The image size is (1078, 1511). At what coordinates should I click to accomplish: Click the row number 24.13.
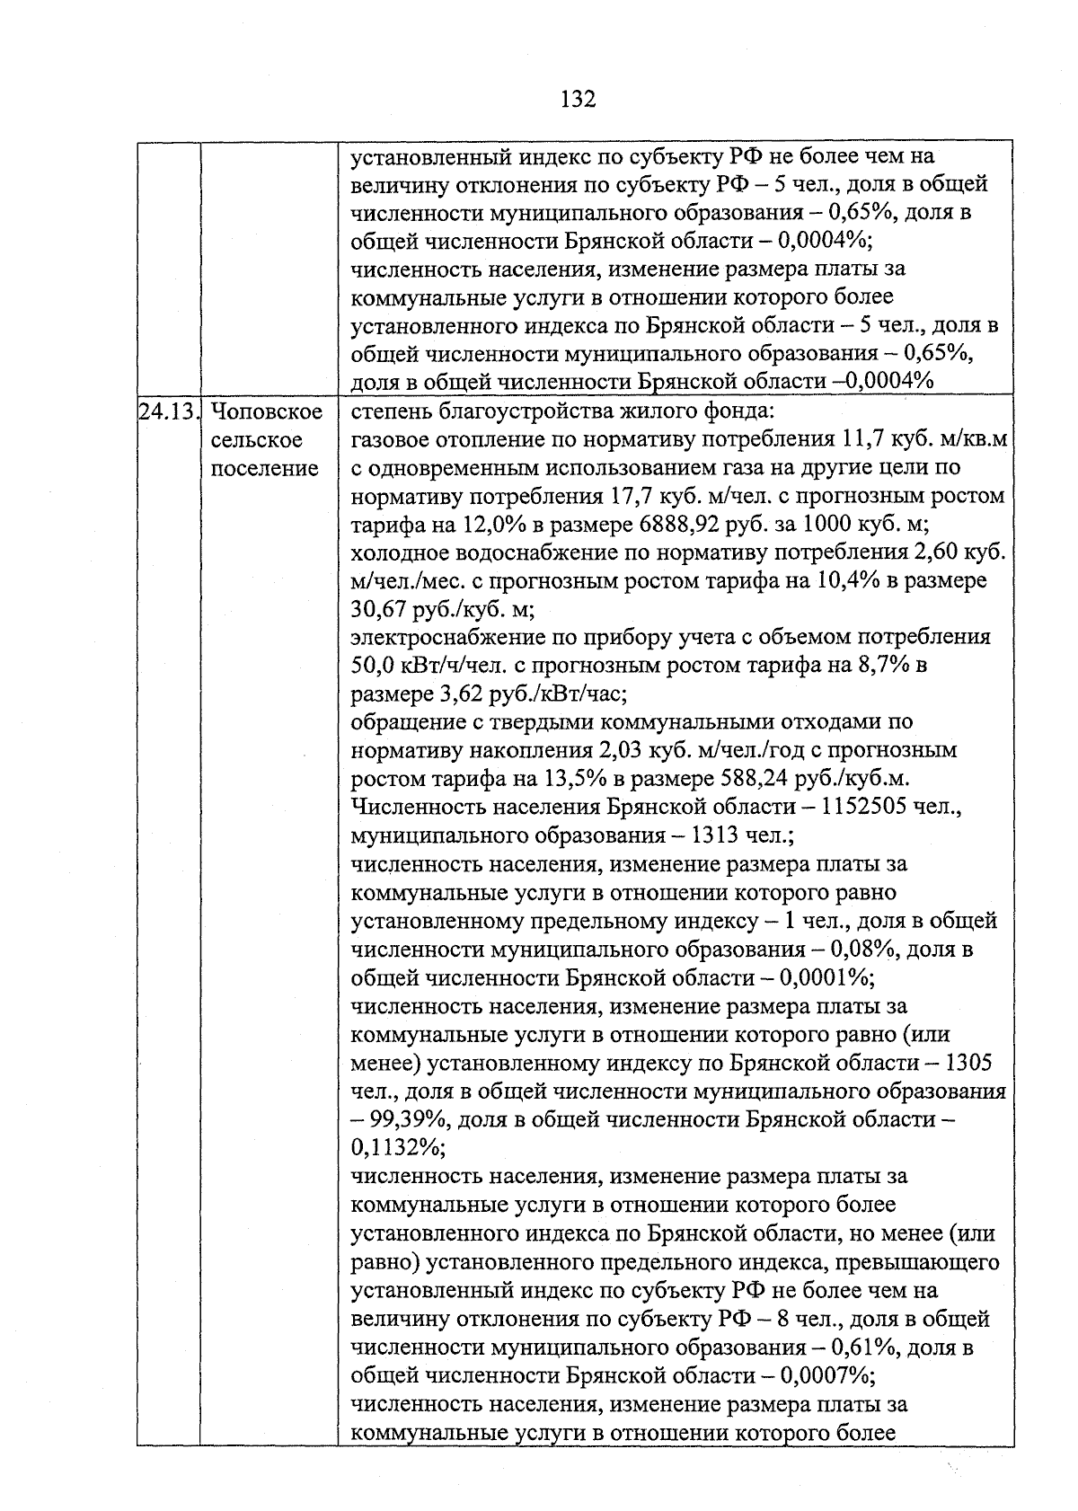tap(169, 412)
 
